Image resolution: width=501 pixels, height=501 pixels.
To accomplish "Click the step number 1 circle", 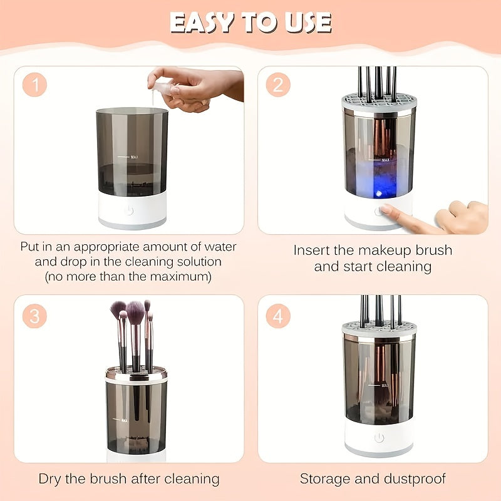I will pos(35,85).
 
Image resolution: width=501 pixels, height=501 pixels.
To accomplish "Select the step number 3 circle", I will pos(35,316).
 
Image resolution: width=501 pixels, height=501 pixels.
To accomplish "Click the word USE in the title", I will pos(307,23).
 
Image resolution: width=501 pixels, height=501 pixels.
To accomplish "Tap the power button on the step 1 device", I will pos(129,210).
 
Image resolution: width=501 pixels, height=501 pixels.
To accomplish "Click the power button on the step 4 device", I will pos(379,438).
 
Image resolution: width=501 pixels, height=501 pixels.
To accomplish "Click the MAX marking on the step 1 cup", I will pos(134,157).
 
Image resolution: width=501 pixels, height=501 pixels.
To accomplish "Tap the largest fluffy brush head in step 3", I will pos(135,310).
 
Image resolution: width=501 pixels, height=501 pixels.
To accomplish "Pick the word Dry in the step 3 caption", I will pos(51,479).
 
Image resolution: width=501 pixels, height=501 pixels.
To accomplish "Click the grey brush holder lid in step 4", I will pos(379,328).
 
